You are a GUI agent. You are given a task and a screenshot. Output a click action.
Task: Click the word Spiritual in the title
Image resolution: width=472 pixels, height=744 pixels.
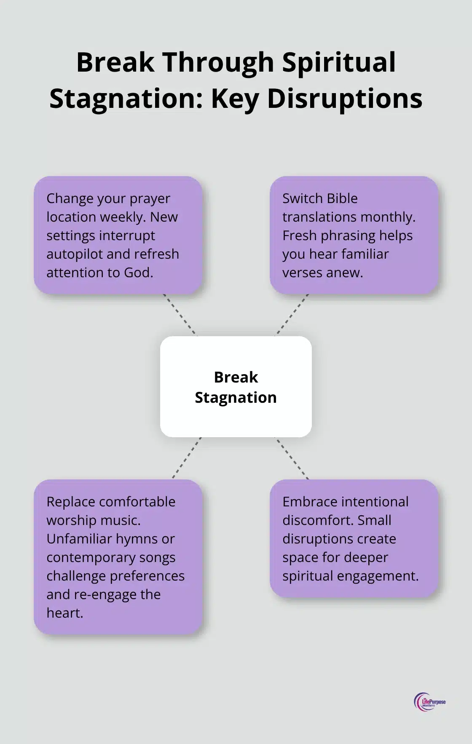(339, 62)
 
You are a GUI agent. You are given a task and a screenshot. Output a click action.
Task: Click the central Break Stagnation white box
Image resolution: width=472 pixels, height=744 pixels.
(236, 387)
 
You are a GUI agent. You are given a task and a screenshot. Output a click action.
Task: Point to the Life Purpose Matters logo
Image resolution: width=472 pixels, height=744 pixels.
(429, 702)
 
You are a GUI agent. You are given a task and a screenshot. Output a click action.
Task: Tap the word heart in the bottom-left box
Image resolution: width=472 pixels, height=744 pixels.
(64, 613)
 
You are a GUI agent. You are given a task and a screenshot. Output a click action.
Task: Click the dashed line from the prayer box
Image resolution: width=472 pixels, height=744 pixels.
(180, 315)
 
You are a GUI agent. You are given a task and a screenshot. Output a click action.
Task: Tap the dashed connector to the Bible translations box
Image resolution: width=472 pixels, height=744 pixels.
(292, 315)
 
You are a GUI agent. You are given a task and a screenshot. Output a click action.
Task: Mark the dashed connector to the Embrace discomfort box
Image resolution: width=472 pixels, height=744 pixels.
(292, 458)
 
